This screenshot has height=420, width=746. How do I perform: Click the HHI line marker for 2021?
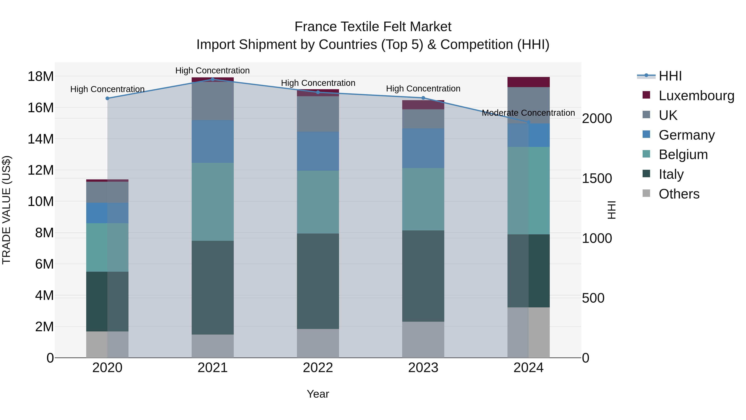coord(213,79)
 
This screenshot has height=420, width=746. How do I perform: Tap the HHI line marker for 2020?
coord(107,98)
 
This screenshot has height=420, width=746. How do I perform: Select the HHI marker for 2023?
coord(423,98)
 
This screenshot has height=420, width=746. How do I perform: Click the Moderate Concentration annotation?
coord(528,113)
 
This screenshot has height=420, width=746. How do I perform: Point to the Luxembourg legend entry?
coord(696,96)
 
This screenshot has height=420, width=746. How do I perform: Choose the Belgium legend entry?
coord(683,155)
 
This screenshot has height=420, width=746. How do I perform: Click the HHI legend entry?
coord(670,76)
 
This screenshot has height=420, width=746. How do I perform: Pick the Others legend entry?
coord(679,194)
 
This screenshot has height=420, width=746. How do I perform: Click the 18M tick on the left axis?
coord(41,77)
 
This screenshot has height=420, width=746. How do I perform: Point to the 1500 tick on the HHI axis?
coord(597,179)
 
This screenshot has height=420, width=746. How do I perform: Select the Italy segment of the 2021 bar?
coord(213,287)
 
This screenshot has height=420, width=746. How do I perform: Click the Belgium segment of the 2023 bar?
coord(423,199)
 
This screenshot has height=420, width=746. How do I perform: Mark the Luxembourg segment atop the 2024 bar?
coord(528,82)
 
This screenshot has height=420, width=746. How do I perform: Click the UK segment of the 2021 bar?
coord(213,101)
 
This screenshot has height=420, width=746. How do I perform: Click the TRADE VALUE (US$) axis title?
coord(6,210)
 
